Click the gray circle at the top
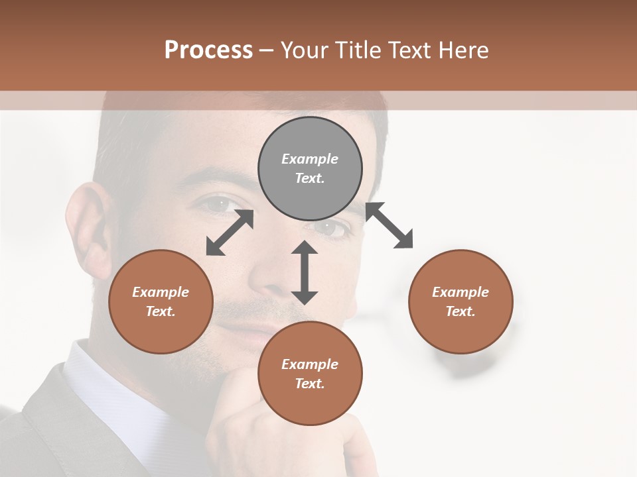tap(310, 169)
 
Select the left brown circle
tap(161, 301)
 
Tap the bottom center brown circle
tap(310, 373)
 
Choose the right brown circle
tap(460, 301)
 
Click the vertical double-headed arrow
tap(305, 272)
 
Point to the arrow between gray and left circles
tap(230, 233)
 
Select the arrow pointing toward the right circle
tap(389, 225)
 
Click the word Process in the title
tap(208, 50)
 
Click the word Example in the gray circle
tap(310, 159)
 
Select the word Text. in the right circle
tap(460, 311)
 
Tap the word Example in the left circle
tap(161, 292)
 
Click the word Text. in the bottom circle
tap(310, 384)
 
